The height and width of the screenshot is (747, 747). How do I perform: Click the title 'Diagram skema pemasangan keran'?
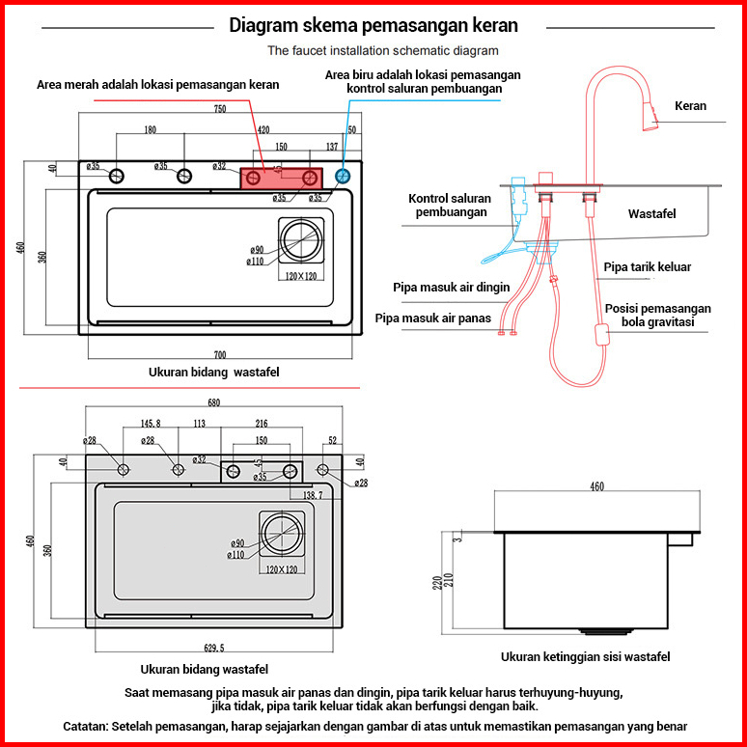pos(373,25)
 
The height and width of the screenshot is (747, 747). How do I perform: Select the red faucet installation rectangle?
pos(281,178)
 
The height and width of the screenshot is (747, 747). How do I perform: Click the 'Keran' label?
pos(690,106)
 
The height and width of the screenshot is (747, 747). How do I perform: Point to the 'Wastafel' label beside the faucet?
pos(652,213)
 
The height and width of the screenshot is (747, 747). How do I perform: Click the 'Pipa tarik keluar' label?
pos(647,266)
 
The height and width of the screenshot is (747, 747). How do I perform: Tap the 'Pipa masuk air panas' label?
pos(433,318)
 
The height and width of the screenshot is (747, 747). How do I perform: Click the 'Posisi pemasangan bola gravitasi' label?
pos(657,316)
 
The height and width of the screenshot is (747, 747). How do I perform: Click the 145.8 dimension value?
pos(151,423)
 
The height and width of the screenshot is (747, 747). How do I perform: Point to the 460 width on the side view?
pos(596,486)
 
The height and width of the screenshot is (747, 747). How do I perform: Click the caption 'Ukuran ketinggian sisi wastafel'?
pos(585,657)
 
